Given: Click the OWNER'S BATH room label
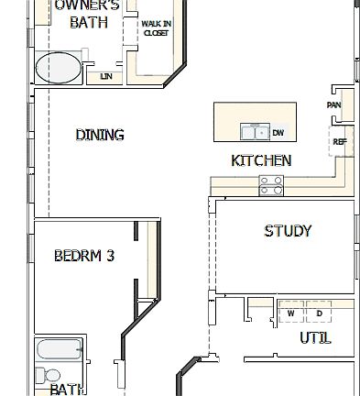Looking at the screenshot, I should click(x=94, y=14).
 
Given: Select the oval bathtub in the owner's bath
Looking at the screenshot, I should click(x=58, y=67).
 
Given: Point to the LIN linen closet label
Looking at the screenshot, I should click(x=107, y=76).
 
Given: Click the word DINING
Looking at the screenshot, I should click(x=100, y=135).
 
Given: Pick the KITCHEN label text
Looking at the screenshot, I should click(x=261, y=160).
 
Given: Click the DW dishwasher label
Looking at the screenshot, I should click(x=278, y=132).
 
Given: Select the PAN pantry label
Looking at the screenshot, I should click(x=333, y=104).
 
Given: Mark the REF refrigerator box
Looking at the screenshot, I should click(x=340, y=141).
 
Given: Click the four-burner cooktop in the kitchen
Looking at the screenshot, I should click(x=271, y=185).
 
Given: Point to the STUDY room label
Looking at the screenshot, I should click(x=288, y=231).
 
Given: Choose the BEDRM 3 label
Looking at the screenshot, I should click(x=84, y=256).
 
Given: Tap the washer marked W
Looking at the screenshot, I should click(x=291, y=313).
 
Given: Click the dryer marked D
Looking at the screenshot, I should click(x=318, y=313).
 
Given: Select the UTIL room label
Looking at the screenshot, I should click(x=315, y=338).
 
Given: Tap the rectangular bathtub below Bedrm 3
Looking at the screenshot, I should click(x=60, y=350).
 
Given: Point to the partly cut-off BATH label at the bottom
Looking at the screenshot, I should click(x=69, y=390).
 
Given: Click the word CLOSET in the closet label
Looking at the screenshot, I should click(x=156, y=33).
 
